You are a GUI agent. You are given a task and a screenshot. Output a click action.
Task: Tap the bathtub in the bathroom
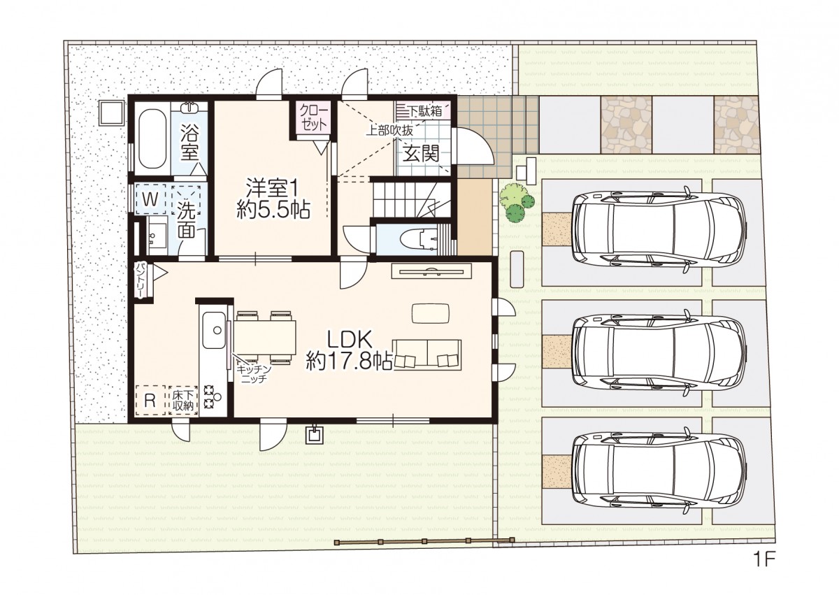tap(152, 138)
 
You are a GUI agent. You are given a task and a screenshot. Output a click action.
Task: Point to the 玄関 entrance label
tap(421, 153)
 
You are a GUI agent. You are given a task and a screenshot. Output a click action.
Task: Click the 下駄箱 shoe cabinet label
tap(425, 111)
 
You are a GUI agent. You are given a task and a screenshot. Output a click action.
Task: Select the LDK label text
tap(350, 340)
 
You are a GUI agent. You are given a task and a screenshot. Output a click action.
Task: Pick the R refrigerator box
tap(150, 401)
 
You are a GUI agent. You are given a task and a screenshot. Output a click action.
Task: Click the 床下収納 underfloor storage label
tap(183, 401)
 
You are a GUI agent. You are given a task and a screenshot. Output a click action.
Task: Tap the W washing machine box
tap(150, 199)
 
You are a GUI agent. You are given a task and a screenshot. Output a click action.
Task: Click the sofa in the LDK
tap(426, 354)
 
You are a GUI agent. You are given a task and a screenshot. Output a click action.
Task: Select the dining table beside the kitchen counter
tap(264, 337)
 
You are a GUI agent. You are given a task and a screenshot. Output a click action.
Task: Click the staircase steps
tap(411, 200)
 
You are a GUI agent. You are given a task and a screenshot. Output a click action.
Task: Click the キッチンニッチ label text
tap(254, 373)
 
